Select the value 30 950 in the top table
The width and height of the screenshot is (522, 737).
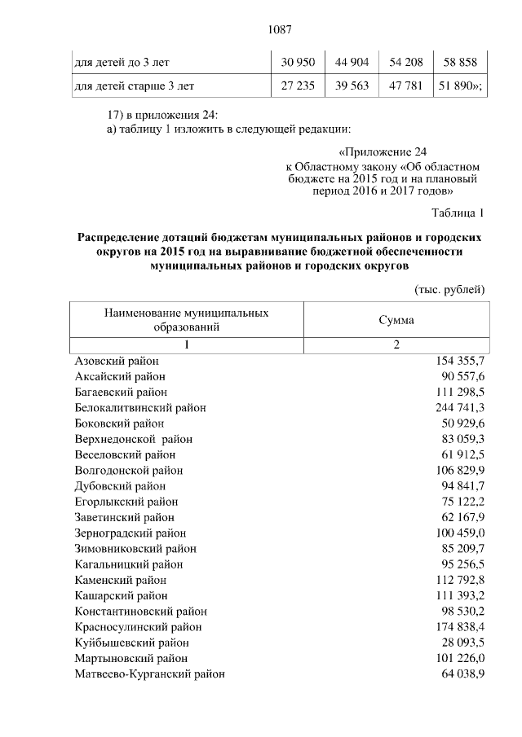pyautogui.click(x=298, y=62)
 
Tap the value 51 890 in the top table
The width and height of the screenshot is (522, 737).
pyautogui.click(x=459, y=85)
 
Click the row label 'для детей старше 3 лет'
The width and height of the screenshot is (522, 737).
pyautogui.click(x=135, y=85)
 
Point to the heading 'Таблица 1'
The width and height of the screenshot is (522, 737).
pyautogui.click(x=458, y=213)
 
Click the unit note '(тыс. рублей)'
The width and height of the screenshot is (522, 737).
pyautogui.click(x=450, y=289)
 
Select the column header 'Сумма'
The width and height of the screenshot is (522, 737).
pyautogui.click(x=396, y=320)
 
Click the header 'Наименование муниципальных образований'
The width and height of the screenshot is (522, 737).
pyautogui.click(x=186, y=319)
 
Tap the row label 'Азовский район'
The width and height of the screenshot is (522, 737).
pyautogui.click(x=117, y=361)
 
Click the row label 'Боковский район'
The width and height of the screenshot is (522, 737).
pyautogui.click(x=119, y=423)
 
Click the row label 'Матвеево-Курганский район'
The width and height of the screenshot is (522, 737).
pyautogui.click(x=149, y=674)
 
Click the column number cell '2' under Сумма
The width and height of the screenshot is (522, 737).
pyautogui.click(x=396, y=345)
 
